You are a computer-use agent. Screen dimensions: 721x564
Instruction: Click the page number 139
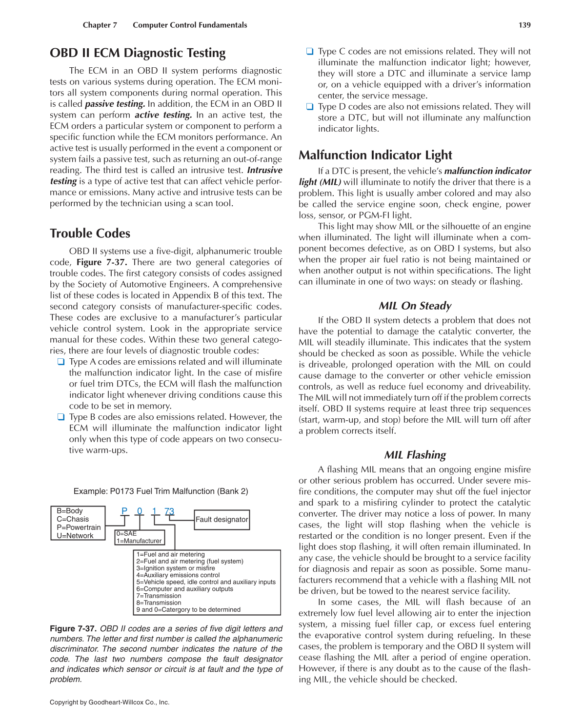[x=524, y=25]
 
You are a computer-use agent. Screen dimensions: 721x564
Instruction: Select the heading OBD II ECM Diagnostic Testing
[x=138, y=53]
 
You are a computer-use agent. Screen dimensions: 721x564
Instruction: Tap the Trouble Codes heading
[x=90, y=234]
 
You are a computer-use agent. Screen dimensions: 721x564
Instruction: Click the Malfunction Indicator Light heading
[x=375, y=156]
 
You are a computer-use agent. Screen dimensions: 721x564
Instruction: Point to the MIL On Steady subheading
[x=415, y=306]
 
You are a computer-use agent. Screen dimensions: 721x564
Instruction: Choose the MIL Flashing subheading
[x=415, y=455]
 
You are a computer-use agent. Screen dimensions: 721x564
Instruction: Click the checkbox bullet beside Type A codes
[x=61, y=362]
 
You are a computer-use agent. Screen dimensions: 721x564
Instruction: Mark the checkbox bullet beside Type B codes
[x=61, y=417]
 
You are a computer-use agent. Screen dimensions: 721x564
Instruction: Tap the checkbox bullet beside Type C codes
[x=310, y=51]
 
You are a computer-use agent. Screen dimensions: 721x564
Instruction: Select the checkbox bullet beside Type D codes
[x=310, y=107]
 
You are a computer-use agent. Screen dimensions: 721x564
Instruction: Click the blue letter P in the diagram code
[x=124, y=511]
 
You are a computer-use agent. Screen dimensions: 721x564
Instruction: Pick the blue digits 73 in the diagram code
[x=169, y=511]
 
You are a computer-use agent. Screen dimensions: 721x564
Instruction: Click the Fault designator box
[x=222, y=520]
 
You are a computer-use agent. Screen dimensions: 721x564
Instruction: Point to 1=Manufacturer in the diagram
[x=139, y=541]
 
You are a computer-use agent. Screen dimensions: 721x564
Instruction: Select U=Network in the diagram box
[x=75, y=536]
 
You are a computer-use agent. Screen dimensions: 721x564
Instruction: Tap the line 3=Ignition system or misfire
[x=176, y=568]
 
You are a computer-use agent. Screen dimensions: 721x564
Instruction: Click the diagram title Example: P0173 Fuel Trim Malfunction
[x=161, y=491]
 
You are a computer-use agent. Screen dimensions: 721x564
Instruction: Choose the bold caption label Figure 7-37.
[x=73, y=629]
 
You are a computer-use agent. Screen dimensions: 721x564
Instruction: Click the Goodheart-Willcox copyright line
[x=109, y=702]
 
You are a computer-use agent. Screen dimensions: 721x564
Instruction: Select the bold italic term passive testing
[x=115, y=104]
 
